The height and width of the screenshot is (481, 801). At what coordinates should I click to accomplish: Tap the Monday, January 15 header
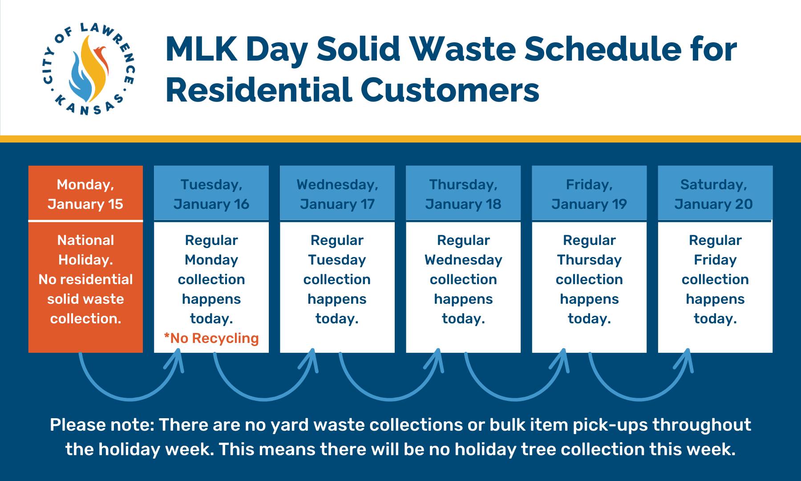click(x=85, y=194)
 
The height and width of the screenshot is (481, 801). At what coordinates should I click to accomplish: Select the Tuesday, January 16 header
click(x=211, y=194)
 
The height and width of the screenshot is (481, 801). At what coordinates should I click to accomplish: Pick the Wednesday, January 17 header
click(x=337, y=194)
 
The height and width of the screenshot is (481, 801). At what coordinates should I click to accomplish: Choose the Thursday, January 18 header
click(x=463, y=194)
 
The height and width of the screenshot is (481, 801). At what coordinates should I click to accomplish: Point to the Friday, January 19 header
click(x=589, y=194)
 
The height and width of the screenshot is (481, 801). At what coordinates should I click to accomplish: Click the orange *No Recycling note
click(x=211, y=338)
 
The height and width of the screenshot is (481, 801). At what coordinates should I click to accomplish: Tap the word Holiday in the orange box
click(x=85, y=260)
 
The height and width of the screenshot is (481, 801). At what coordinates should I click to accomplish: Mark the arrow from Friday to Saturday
click(x=640, y=398)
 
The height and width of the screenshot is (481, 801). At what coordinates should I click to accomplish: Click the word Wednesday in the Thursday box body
click(x=463, y=260)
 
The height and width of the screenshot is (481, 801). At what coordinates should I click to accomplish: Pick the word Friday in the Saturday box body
click(x=715, y=260)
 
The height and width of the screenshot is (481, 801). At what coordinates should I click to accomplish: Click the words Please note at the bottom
click(x=102, y=424)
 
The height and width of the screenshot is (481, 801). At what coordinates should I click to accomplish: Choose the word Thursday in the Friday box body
click(x=589, y=260)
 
